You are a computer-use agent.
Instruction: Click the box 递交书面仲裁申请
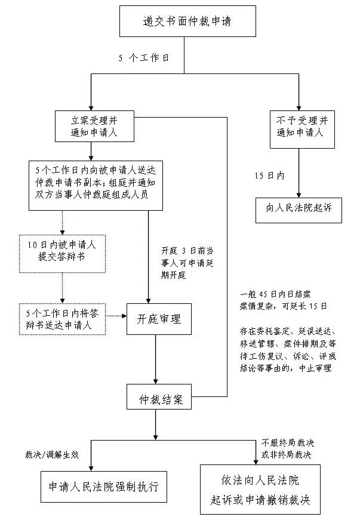tap(187, 22)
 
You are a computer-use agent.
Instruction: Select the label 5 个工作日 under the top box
tap(143, 58)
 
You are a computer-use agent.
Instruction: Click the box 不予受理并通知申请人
tap(300, 125)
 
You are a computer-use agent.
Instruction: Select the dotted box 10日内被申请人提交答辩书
tap(61, 253)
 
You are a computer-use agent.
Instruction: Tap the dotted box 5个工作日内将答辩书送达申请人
tap(61, 318)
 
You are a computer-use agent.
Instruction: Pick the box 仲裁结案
tap(156, 397)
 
